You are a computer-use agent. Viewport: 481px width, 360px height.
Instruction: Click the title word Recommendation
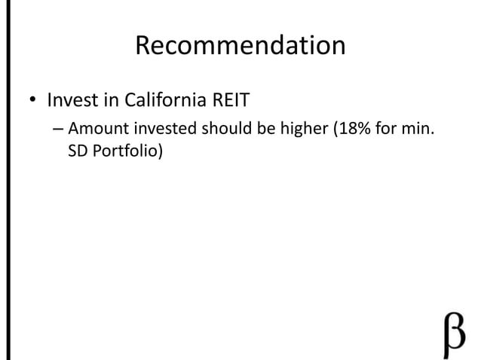click(x=240, y=47)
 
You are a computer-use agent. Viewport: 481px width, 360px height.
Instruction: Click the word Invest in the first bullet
click(x=69, y=100)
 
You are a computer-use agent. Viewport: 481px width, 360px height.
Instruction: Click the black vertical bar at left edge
click(x=2, y=180)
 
